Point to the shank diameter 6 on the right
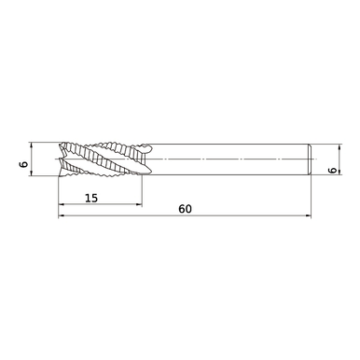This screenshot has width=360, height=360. (x=333, y=171)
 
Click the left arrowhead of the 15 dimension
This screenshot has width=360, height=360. (x=62, y=205)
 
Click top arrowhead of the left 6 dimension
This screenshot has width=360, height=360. (x=33, y=145)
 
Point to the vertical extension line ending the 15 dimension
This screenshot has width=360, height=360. (x=143, y=191)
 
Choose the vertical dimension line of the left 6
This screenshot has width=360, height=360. (x=33, y=160)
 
